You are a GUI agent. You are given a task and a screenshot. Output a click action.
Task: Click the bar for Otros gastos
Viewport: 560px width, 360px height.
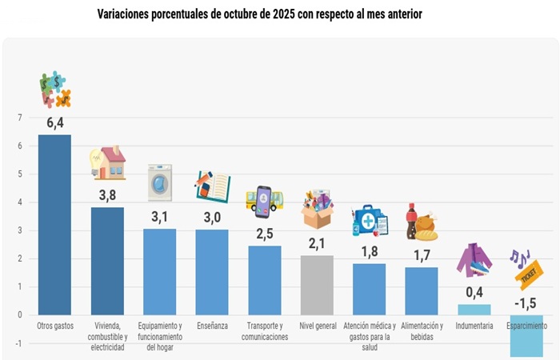[x=54, y=225]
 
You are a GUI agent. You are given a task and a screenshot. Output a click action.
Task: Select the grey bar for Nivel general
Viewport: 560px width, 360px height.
[x=317, y=285]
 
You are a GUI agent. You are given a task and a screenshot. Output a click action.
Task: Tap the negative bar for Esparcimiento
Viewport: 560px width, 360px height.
[x=526, y=335]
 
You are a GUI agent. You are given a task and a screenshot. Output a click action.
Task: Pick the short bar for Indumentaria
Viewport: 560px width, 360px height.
[x=474, y=310]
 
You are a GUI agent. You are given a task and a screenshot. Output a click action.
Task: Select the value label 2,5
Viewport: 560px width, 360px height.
[x=264, y=233]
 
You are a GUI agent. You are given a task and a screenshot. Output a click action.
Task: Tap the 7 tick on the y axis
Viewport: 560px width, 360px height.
[x=19, y=118]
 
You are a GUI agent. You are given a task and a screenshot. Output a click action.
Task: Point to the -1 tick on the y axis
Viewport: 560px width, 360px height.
[x=18, y=343]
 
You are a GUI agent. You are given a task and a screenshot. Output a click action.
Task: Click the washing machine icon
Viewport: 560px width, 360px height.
[x=159, y=182]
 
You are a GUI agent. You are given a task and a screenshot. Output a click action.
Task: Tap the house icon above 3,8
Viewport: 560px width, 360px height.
[x=108, y=162]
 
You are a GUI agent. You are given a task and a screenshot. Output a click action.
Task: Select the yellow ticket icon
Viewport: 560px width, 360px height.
[x=530, y=274]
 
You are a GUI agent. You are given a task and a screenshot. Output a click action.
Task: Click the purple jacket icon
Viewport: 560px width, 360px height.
[x=474, y=261]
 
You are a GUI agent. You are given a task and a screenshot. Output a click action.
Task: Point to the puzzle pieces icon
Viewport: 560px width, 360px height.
[x=55, y=90]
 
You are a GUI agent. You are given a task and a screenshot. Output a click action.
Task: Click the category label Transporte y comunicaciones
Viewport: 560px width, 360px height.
[x=264, y=331]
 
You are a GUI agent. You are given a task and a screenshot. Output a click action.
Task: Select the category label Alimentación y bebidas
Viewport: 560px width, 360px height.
[x=421, y=331]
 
